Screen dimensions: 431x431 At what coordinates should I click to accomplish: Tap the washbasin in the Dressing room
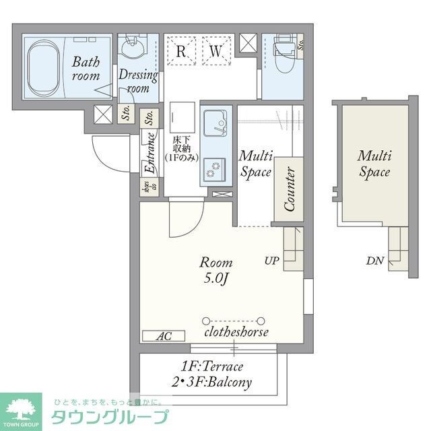tap(132, 51)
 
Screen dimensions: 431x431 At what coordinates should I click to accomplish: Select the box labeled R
tap(181, 51)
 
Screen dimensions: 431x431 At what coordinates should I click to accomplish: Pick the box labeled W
tap(215, 51)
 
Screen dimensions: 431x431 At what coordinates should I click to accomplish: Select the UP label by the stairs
tap(271, 260)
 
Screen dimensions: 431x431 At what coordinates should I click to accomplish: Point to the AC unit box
tap(162, 335)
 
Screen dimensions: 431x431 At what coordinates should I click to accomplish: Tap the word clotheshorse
tap(236, 332)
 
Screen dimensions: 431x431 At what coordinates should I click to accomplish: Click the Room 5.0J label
tap(215, 269)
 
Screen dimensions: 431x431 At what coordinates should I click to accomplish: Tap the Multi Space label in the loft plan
tap(374, 164)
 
